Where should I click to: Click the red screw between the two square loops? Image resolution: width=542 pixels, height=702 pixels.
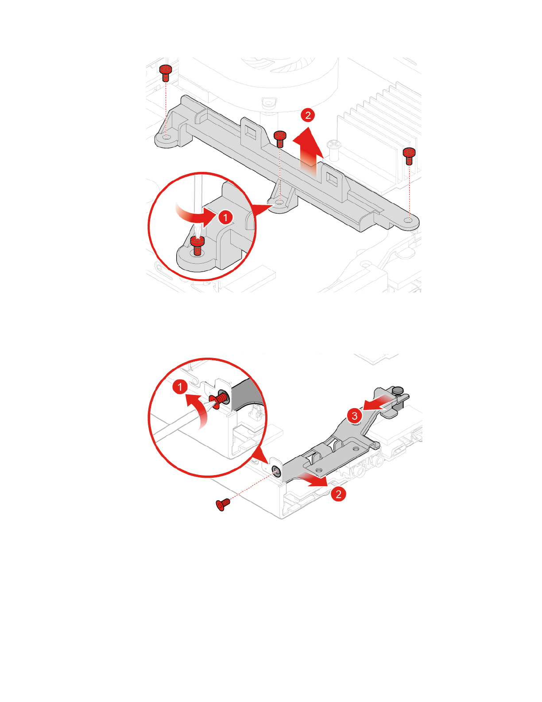(280, 138)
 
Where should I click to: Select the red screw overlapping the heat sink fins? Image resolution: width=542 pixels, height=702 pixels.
(410, 156)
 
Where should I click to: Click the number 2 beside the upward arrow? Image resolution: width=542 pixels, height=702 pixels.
(308, 115)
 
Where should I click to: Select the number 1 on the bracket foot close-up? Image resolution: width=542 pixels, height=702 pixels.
(225, 217)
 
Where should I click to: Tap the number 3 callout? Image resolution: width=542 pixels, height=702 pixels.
(354, 416)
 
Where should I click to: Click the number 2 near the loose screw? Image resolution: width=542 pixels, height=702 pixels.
(339, 494)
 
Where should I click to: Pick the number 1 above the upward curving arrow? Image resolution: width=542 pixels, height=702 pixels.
(180, 387)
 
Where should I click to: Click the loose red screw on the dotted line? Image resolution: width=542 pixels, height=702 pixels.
(222, 504)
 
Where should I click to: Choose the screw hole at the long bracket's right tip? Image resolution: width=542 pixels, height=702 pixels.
(409, 220)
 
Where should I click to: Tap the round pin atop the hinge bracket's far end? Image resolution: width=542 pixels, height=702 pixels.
(398, 390)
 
